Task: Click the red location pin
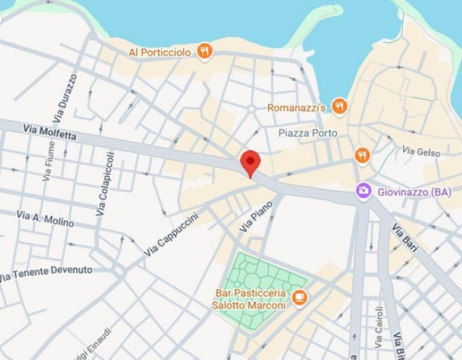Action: pyautogui.click(x=251, y=162)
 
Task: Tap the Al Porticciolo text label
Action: pyautogui.click(x=160, y=53)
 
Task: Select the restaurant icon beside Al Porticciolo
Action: pyautogui.click(x=205, y=51)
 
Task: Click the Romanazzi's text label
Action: pyautogui.click(x=296, y=107)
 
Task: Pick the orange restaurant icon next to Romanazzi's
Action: pyautogui.click(x=339, y=107)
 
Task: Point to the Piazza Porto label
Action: pyautogui.click(x=308, y=133)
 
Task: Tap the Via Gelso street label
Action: pyautogui.click(x=421, y=151)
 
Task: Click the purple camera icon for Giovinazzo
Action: pyautogui.click(x=363, y=191)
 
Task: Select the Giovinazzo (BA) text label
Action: pyautogui.click(x=414, y=192)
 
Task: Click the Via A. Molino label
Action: pyautogui.click(x=45, y=218)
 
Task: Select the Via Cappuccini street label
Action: pyautogui.click(x=171, y=234)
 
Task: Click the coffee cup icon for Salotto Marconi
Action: pyautogui.click(x=299, y=297)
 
